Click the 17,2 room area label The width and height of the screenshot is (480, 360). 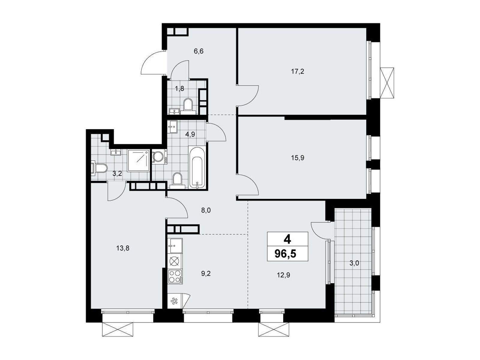297,71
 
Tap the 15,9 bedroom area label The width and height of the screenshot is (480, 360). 297,158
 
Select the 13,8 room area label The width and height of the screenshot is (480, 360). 123,248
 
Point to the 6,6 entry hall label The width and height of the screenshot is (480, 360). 199,51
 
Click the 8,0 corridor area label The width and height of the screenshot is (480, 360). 206,210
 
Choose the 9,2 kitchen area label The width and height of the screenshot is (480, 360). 206,274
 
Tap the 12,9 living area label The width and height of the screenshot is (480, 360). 283,275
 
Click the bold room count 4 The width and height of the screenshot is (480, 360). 287,240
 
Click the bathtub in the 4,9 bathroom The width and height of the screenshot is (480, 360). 197,167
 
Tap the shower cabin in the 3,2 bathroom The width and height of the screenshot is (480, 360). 139,161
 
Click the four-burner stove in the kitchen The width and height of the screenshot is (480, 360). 175,277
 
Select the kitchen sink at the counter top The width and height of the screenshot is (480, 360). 175,246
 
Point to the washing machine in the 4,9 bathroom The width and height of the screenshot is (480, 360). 159,157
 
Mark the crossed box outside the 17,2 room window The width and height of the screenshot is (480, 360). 387,83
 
